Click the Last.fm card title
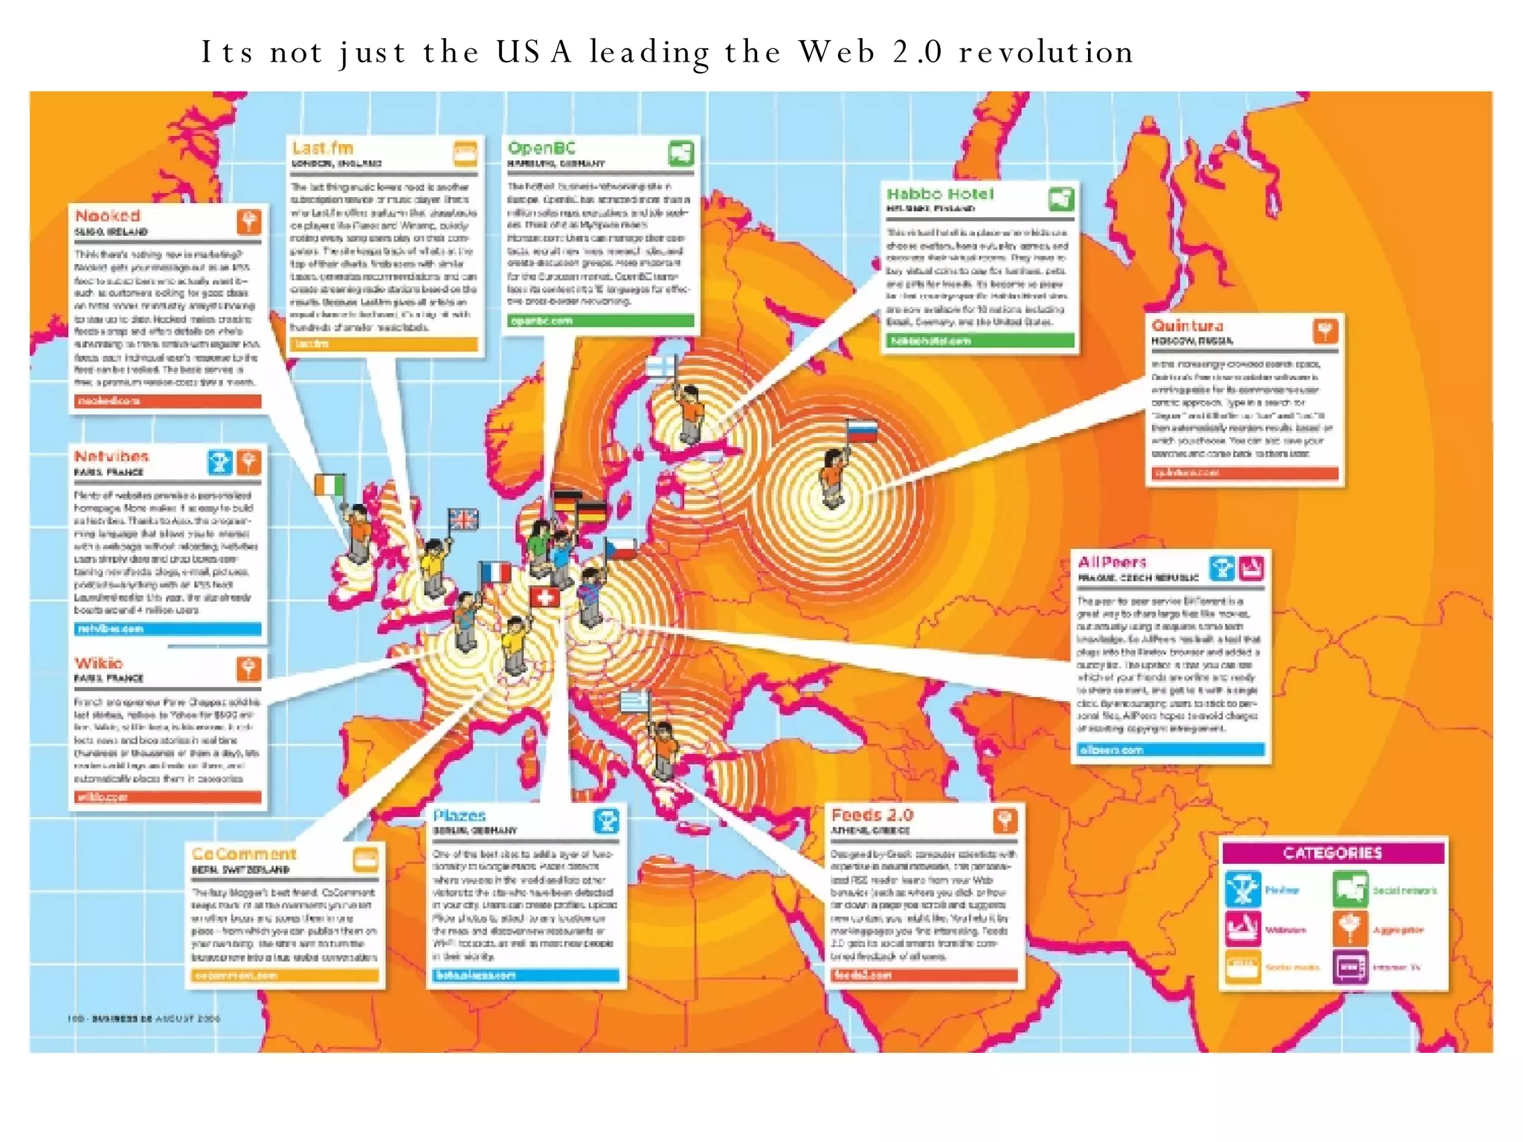[x=322, y=148]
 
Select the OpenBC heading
[x=541, y=148]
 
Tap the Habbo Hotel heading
[x=939, y=194]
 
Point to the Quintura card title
[x=1187, y=326]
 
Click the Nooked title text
[x=108, y=216]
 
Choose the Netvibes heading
[x=112, y=456]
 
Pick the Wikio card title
[x=98, y=662]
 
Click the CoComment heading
[x=244, y=854]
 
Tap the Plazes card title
[x=460, y=816]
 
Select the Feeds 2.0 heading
[x=872, y=815]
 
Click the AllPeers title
[x=1112, y=562]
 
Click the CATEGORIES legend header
[x=1333, y=853]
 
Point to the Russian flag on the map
[x=862, y=430]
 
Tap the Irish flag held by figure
[x=329, y=485]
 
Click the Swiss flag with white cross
[x=544, y=597]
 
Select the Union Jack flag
[x=463, y=518]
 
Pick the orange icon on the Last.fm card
[x=466, y=153]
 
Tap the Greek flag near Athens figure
[x=635, y=701]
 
